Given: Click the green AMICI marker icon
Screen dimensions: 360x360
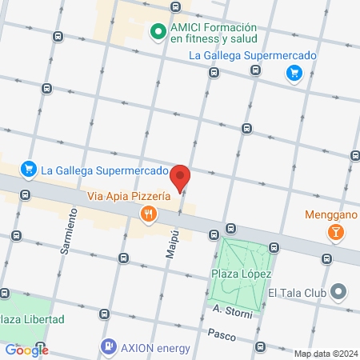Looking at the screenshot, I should click(158, 33).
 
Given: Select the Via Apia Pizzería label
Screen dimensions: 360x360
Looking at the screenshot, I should click(128, 195).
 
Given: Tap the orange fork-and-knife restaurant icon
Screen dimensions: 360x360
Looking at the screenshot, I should click(147, 214).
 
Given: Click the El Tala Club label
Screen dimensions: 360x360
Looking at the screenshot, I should click(298, 293).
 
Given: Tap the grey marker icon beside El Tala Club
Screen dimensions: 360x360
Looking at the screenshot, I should click(340, 293).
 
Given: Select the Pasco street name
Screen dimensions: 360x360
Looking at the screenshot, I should click(221, 333).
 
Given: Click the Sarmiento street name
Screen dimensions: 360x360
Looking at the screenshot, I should click(69, 231).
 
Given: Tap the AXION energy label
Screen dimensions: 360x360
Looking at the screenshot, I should click(156, 348).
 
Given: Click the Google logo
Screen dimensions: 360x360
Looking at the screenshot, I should click(26, 350).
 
